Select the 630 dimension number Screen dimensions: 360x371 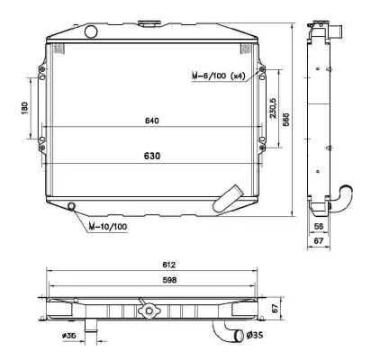coord(151,156)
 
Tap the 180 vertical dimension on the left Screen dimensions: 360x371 coord(25,108)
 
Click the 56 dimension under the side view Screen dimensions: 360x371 coord(319,228)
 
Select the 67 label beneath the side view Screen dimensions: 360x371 coord(319,241)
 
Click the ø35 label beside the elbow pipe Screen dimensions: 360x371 coord(256,337)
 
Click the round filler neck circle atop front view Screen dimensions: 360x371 coord(90,32)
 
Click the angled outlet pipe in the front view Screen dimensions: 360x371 coord(231,195)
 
